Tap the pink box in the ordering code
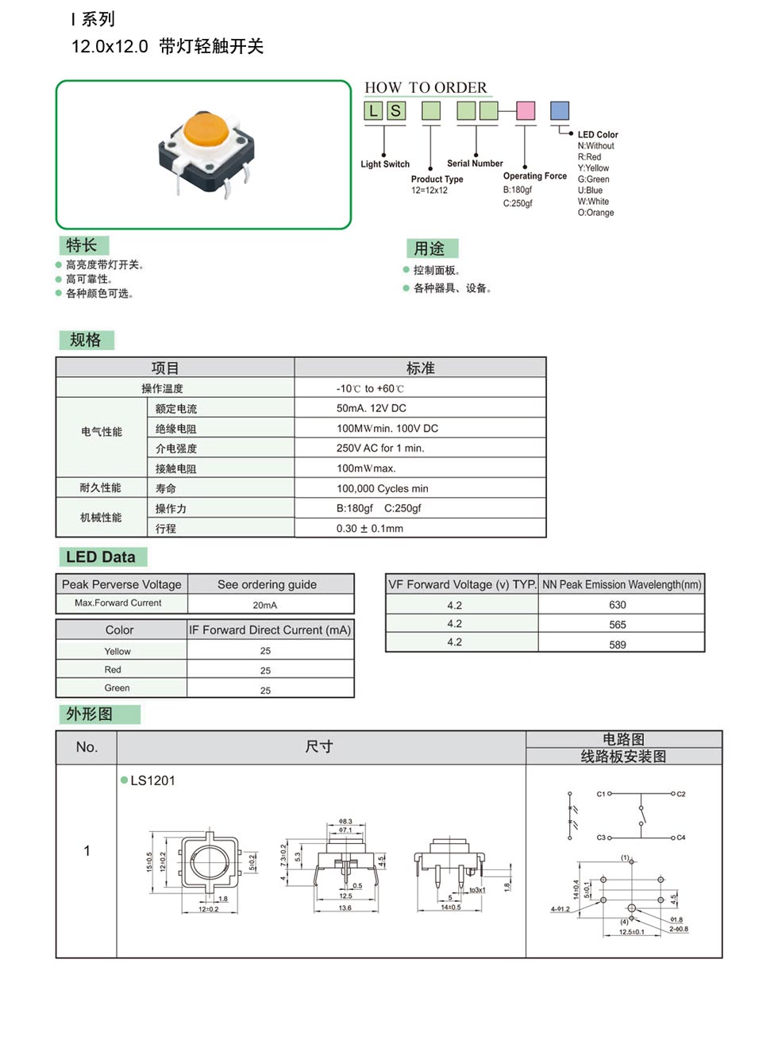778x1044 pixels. (x=525, y=110)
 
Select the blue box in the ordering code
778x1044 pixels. (x=560, y=110)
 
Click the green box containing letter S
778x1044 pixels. (x=395, y=110)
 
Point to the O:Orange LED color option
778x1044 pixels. (x=595, y=213)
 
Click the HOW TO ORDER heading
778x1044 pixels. (x=426, y=87)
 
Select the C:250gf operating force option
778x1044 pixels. (x=518, y=203)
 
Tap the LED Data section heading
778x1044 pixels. (x=101, y=557)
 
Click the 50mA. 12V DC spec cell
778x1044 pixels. (x=371, y=408)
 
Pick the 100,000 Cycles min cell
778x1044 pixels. (x=382, y=488)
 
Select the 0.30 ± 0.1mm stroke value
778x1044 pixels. (x=369, y=528)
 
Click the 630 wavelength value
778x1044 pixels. (x=617, y=605)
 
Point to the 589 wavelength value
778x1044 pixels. (x=617, y=645)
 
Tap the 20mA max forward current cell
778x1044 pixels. (x=265, y=605)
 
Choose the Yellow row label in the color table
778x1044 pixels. (x=117, y=651)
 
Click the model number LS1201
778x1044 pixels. (x=152, y=780)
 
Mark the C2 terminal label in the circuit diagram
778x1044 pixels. (x=680, y=794)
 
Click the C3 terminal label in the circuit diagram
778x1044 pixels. (x=601, y=838)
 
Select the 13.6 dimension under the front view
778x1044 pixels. (x=345, y=907)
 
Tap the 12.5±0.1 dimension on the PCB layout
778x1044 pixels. (x=631, y=932)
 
